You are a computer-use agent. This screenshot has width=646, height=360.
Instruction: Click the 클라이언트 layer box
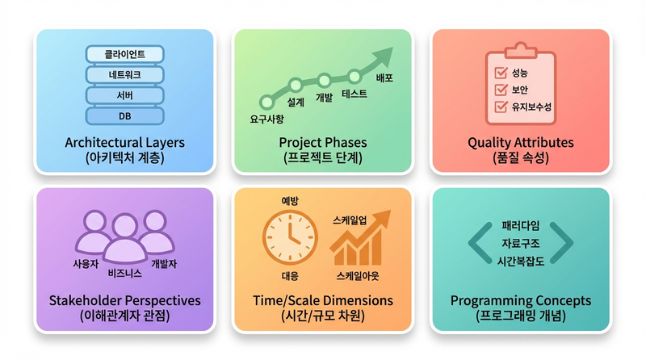125,54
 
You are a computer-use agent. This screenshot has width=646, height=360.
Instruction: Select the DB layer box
125,115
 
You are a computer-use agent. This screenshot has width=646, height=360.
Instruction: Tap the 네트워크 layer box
125,75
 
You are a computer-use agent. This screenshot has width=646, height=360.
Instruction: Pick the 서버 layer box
125,95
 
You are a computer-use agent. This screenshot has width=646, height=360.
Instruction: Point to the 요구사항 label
267,119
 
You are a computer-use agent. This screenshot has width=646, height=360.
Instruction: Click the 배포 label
385,78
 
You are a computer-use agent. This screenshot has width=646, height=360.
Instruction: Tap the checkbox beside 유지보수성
499,107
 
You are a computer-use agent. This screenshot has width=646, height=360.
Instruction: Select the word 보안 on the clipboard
520,90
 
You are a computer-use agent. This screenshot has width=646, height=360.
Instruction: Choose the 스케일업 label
350,220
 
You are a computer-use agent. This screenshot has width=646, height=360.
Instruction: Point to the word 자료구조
521,242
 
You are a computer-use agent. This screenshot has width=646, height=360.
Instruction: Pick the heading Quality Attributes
521,143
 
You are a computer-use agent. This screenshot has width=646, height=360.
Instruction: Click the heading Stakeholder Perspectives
124,300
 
